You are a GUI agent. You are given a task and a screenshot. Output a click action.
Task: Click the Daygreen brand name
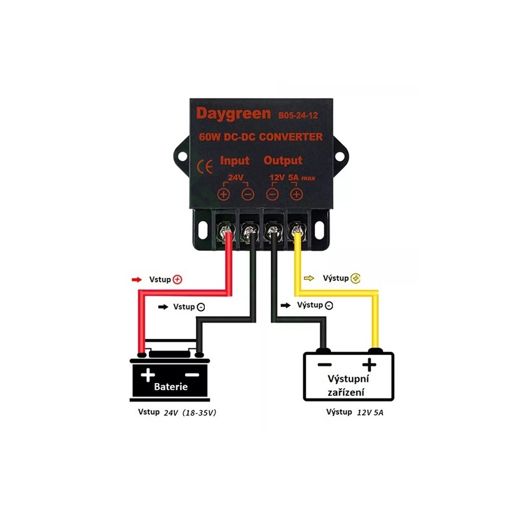click(x=234, y=115)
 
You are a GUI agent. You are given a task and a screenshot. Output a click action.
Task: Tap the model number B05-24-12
click(x=298, y=116)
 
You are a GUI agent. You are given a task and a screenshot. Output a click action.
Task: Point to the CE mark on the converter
click(x=205, y=167)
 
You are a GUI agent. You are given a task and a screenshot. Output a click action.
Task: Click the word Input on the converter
click(x=235, y=161)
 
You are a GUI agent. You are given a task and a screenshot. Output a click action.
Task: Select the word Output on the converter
click(x=282, y=160)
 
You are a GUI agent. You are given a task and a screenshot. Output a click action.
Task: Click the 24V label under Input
click(x=235, y=178)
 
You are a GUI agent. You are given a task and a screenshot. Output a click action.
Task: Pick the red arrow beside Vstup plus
click(x=137, y=279)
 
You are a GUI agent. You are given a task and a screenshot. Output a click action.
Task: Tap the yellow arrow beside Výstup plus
click(x=309, y=278)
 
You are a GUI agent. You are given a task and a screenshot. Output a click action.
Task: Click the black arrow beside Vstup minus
click(x=163, y=307)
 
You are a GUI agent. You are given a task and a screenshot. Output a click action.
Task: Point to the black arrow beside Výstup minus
click(x=286, y=305)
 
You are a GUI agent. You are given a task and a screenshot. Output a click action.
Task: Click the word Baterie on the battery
click(x=171, y=387)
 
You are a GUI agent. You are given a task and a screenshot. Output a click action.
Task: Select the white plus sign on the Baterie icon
click(x=148, y=375)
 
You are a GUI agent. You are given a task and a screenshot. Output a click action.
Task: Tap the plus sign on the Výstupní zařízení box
click(x=369, y=365)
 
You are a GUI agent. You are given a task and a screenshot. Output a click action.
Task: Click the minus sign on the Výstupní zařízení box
click(x=324, y=365)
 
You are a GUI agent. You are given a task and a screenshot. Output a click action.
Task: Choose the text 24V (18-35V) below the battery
click(x=190, y=412)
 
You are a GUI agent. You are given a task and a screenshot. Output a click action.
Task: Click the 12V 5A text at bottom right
click(x=370, y=412)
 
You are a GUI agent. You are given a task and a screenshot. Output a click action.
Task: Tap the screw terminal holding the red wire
click(x=226, y=232)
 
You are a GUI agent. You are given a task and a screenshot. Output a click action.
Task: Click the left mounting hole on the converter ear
click(x=183, y=157)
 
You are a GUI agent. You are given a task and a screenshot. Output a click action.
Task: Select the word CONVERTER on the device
click(x=291, y=137)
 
